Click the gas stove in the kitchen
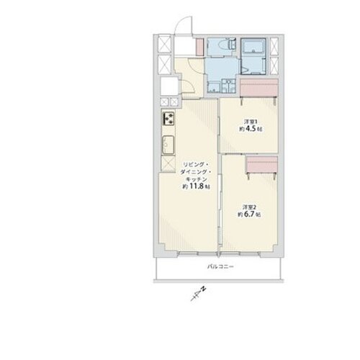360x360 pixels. (168, 118)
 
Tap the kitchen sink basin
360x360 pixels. (168, 145)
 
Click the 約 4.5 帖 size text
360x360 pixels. (251, 129)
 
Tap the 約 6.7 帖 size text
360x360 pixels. (249, 215)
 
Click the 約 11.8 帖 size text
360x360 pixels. (197, 186)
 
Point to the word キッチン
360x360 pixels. (197, 179)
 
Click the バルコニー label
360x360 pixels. (220, 266)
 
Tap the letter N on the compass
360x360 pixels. (204, 289)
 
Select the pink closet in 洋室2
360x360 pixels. (262, 164)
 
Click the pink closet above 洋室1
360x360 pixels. (259, 88)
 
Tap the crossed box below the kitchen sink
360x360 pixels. (168, 163)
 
